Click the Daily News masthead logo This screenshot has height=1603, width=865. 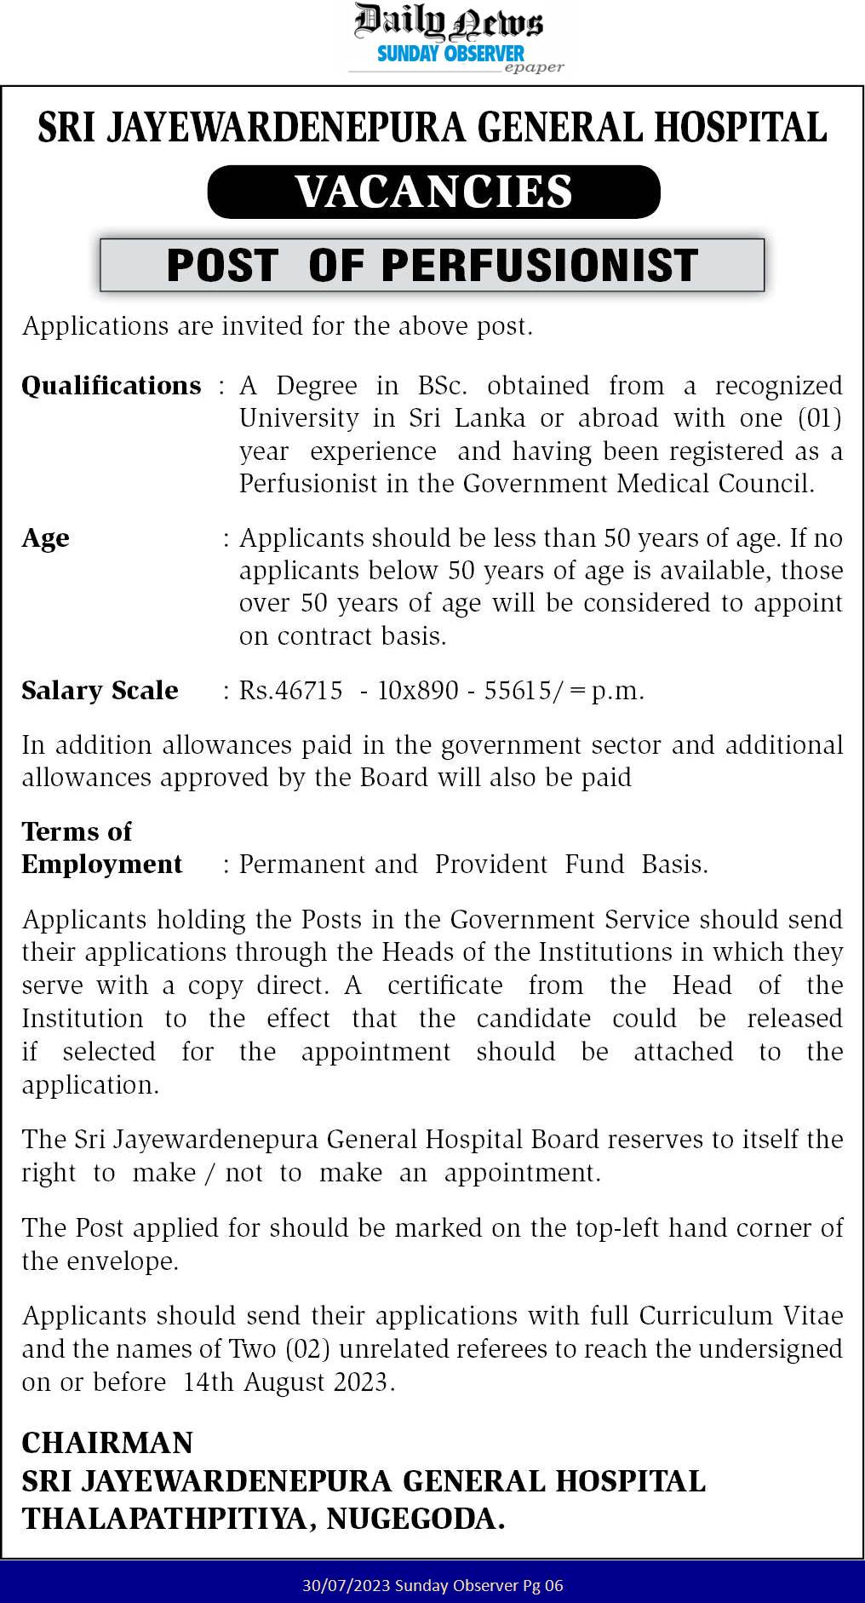point(448,21)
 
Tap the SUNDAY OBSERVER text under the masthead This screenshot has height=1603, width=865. point(450,54)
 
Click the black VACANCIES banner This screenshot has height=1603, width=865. point(433,192)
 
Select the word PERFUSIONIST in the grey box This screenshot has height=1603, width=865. point(540,265)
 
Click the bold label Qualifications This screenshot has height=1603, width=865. point(112,386)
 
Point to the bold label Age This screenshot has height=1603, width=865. point(45,538)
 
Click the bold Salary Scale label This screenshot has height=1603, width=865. point(100,690)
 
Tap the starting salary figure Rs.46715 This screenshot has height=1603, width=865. point(290,690)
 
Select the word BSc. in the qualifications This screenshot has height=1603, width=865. point(442,386)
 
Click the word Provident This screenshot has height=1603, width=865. point(491,865)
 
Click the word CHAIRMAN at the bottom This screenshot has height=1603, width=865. point(107,1443)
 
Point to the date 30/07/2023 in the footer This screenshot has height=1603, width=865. point(339,1586)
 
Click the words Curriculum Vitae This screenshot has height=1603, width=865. point(741,1316)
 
